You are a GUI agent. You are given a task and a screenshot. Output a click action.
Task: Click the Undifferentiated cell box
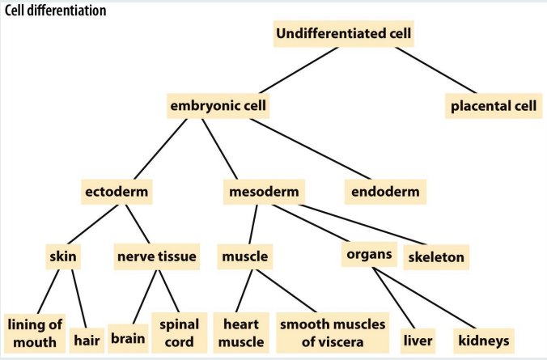(x=344, y=34)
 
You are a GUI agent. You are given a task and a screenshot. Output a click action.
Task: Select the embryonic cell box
(x=218, y=105)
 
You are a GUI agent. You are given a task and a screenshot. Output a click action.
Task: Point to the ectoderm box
(x=118, y=193)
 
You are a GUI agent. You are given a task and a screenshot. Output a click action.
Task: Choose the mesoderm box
(x=263, y=193)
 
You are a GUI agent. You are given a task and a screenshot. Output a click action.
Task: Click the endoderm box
(x=388, y=193)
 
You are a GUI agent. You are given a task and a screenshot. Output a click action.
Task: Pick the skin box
(x=63, y=257)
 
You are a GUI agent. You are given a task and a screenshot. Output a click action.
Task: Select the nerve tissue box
(x=157, y=257)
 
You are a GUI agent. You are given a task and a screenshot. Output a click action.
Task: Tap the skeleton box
(x=436, y=257)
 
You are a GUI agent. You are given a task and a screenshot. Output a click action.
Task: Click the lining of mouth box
(x=34, y=332)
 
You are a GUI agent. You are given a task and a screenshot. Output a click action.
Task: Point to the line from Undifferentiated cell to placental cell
(x=429, y=70)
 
